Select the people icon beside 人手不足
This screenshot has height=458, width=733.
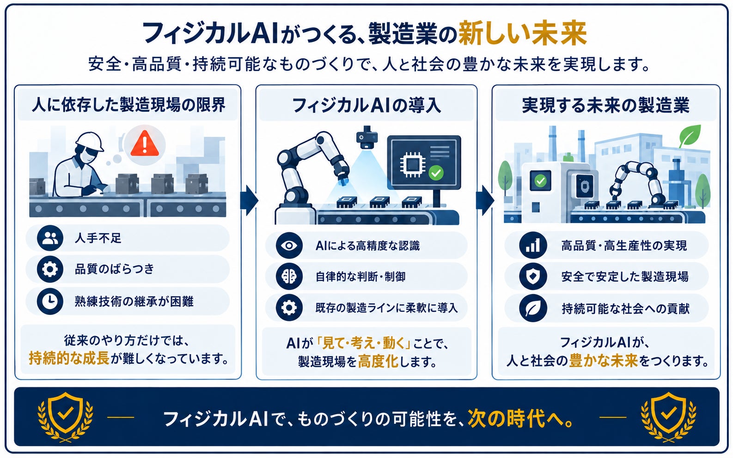pos(50,238)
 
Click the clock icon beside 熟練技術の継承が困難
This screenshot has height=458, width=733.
pos(50,301)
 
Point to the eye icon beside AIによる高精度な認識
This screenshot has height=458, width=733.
pos(289,246)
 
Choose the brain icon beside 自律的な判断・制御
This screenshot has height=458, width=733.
pos(289,276)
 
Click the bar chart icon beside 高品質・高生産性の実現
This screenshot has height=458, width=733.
pos(533,245)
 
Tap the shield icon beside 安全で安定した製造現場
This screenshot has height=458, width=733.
pos(533,276)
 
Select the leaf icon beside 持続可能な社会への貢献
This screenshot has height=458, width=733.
pos(533,308)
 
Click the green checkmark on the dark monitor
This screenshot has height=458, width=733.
pos(436,173)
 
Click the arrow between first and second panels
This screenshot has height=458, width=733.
pos(249,200)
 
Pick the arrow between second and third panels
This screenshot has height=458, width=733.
pos(485,200)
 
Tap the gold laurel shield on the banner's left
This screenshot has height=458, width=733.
pos(65,416)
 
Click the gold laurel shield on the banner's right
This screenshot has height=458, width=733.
pos(668,416)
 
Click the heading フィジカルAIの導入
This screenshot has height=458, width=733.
pos(366,106)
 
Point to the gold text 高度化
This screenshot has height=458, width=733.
pos(378,361)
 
